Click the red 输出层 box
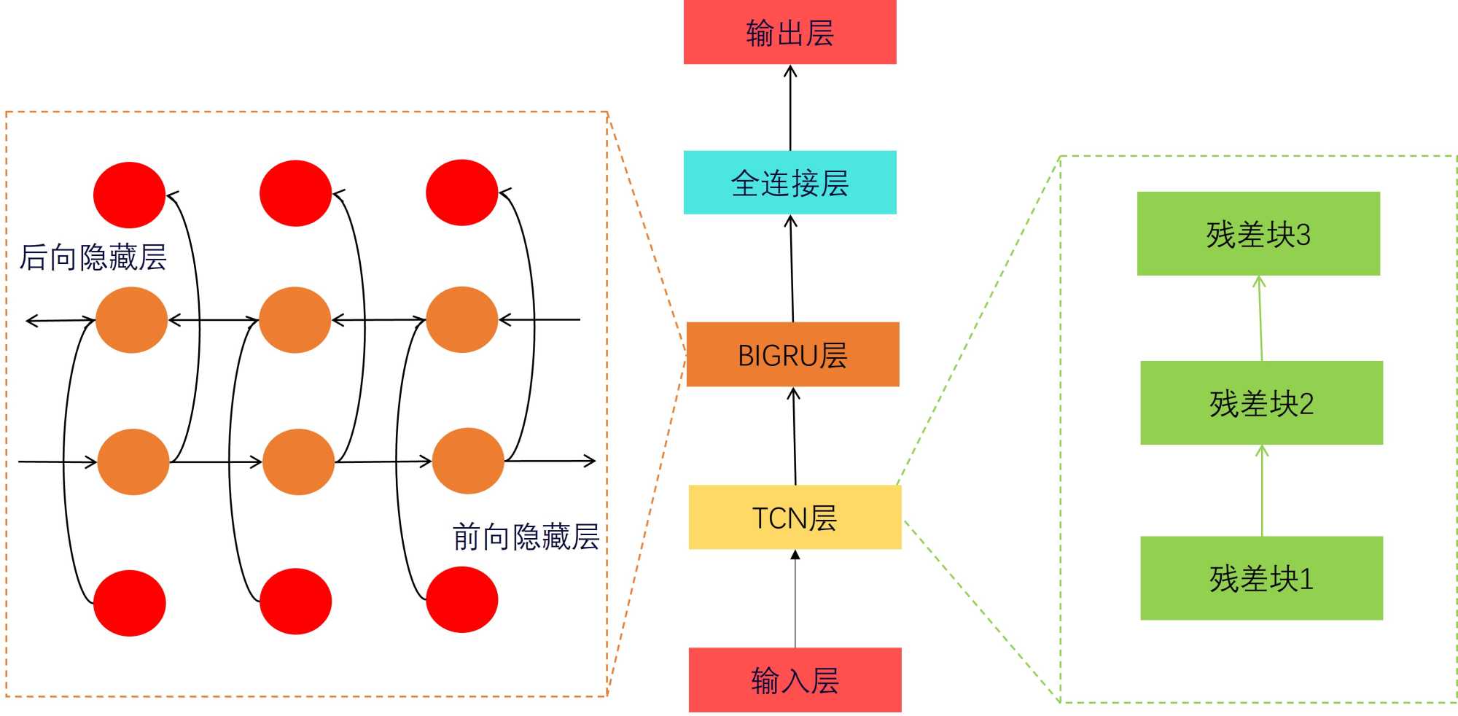point(790,32)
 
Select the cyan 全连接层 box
point(790,182)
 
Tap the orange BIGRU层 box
point(792,354)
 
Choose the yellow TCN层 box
point(795,517)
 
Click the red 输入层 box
point(795,680)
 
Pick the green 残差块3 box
point(1258,233)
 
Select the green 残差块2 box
point(1261,402)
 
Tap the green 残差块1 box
point(1261,578)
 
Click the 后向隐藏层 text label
point(93,257)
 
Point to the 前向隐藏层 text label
point(526,537)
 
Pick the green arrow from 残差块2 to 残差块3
point(1260,318)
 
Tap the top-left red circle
point(130,195)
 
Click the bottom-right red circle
point(461,599)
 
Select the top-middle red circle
point(295,193)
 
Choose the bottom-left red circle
point(130,603)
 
